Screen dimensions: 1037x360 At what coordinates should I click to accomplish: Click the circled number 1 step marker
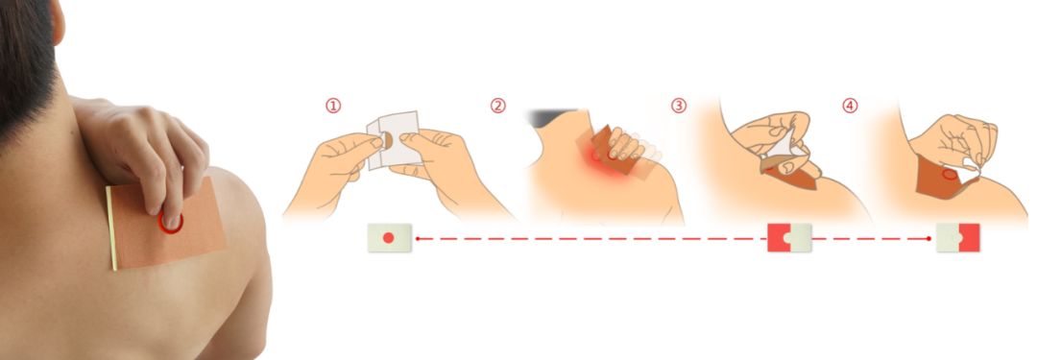[x=333, y=106]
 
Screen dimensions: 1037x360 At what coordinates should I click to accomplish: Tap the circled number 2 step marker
[x=498, y=106]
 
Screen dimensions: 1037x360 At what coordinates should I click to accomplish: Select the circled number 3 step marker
[x=679, y=106]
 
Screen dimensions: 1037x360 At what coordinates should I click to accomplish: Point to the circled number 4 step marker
[x=850, y=106]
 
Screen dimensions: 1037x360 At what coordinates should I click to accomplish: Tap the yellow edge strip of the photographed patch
[x=111, y=228]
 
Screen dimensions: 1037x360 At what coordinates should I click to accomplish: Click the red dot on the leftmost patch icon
[x=389, y=237]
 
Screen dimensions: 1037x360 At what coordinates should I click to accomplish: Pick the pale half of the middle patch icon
[x=799, y=237]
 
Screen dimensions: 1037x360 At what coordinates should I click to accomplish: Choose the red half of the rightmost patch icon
[x=971, y=237]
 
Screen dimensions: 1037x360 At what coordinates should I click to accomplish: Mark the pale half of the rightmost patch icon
[x=949, y=237]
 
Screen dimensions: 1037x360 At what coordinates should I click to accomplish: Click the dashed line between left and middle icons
[x=591, y=238]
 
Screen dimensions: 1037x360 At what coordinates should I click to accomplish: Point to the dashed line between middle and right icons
[x=872, y=238]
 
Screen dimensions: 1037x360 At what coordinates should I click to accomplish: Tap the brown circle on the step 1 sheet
[x=388, y=140]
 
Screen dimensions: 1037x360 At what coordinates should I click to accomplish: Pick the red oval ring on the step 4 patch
[x=949, y=175]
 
